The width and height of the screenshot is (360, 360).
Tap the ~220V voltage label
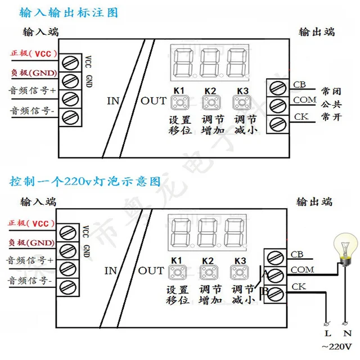tap(335, 346)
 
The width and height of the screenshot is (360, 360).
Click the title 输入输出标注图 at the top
tap(71, 12)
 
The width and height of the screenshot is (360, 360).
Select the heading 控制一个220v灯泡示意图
tap(85, 182)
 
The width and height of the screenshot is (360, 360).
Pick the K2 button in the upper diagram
tap(210, 102)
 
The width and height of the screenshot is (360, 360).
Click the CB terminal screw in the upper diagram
tap(277, 88)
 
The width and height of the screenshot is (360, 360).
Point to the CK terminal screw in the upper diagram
tap(277, 123)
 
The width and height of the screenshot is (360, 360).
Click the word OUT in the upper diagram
tap(154, 101)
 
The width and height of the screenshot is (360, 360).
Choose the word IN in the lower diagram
tap(111, 271)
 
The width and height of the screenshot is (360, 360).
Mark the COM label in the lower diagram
tap(302, 271)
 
